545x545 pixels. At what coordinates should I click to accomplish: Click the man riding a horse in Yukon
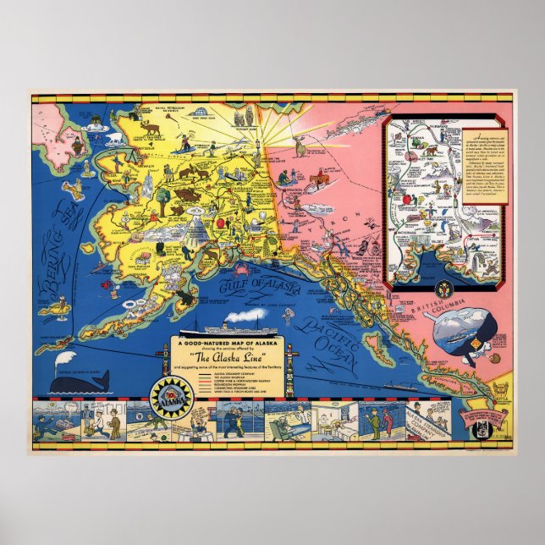pos(320,180)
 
